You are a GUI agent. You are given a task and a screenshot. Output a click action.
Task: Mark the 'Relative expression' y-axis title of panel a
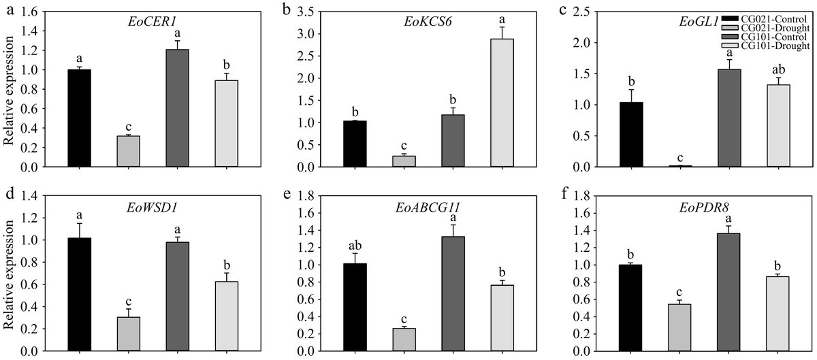[x=10, y=88]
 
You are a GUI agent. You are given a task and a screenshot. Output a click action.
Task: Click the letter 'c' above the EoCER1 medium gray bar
[x=125, y=126]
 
